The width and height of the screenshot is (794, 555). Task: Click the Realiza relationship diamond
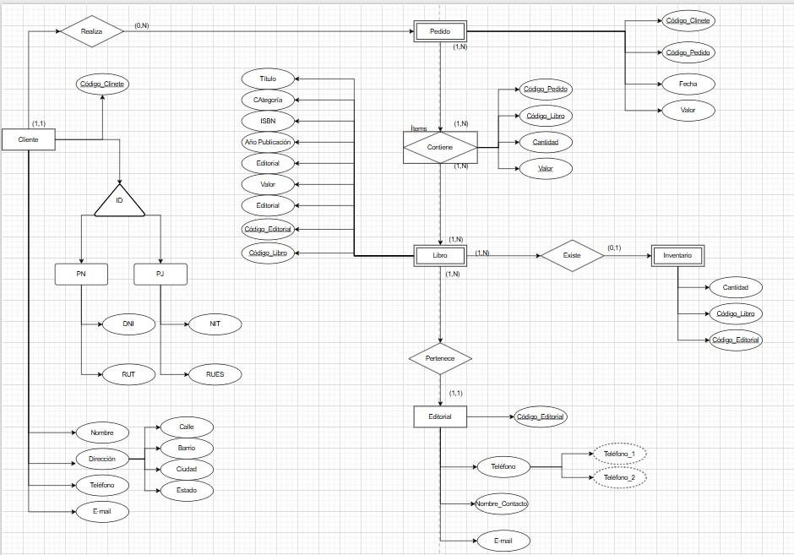[x=91, y=31]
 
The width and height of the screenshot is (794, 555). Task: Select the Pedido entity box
[x=440, y=31]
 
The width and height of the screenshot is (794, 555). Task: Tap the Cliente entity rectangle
[x=29, y=139]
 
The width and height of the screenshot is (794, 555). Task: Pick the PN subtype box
[x=80, y=274]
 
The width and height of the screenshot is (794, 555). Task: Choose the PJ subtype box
[x=160, y=274]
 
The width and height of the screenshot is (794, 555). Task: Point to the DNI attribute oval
[x=128, y=324]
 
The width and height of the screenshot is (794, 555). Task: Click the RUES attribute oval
[x=215, y=373]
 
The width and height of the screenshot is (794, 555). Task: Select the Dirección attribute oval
[x=102, y=459]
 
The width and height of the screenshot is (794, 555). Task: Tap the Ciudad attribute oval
[x=187, y=469]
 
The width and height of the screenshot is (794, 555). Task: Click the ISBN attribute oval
[x=268, y=121]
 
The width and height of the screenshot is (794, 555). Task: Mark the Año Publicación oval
[x=268, y=142]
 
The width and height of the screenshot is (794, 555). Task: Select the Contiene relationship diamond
[x=440, y=147]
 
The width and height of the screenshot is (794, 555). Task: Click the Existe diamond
[x=572, y=254]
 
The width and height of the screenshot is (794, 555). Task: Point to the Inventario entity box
[x=677, y=255]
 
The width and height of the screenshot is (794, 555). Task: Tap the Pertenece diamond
[x=439, y=358]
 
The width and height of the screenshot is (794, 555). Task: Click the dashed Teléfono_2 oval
[x=620, y=477]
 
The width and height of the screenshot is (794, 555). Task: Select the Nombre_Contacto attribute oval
[x=502, y=503]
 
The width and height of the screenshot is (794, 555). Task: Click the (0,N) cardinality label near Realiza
[x=142, y=25]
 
